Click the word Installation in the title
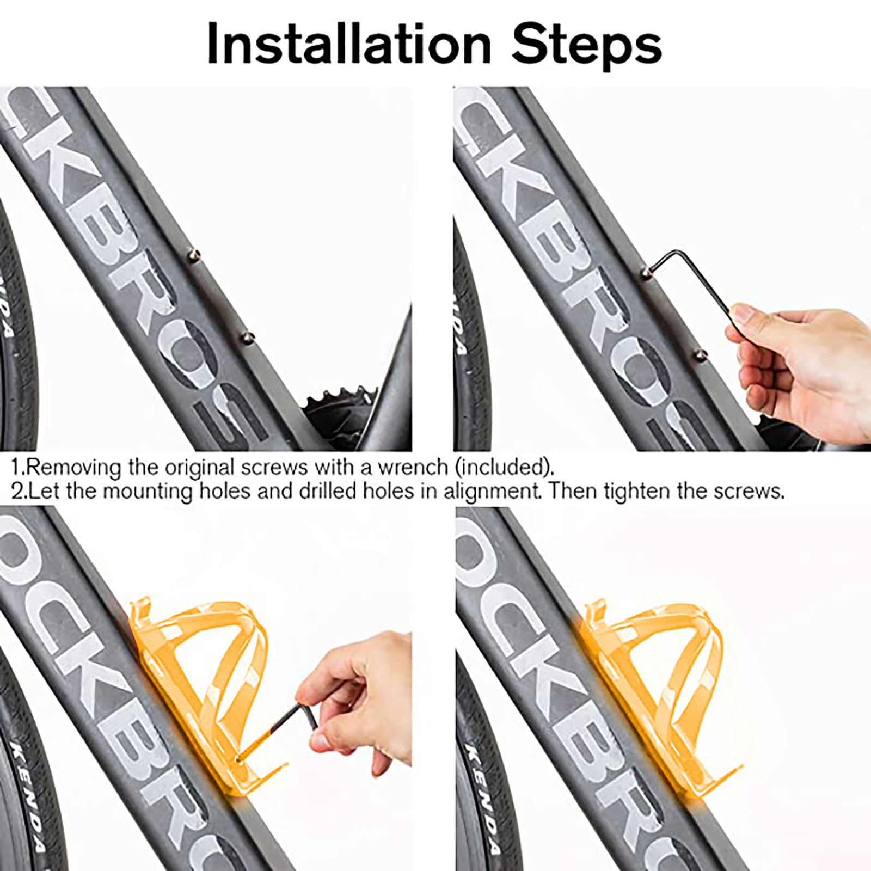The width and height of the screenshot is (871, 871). (x=349, y=44)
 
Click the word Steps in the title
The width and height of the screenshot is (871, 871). (x=587, y=44)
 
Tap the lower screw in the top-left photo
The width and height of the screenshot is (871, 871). (x=247, y=338)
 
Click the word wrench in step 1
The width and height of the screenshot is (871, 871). (x=413, y=468)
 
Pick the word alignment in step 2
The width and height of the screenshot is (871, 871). (x=493, y=492)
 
